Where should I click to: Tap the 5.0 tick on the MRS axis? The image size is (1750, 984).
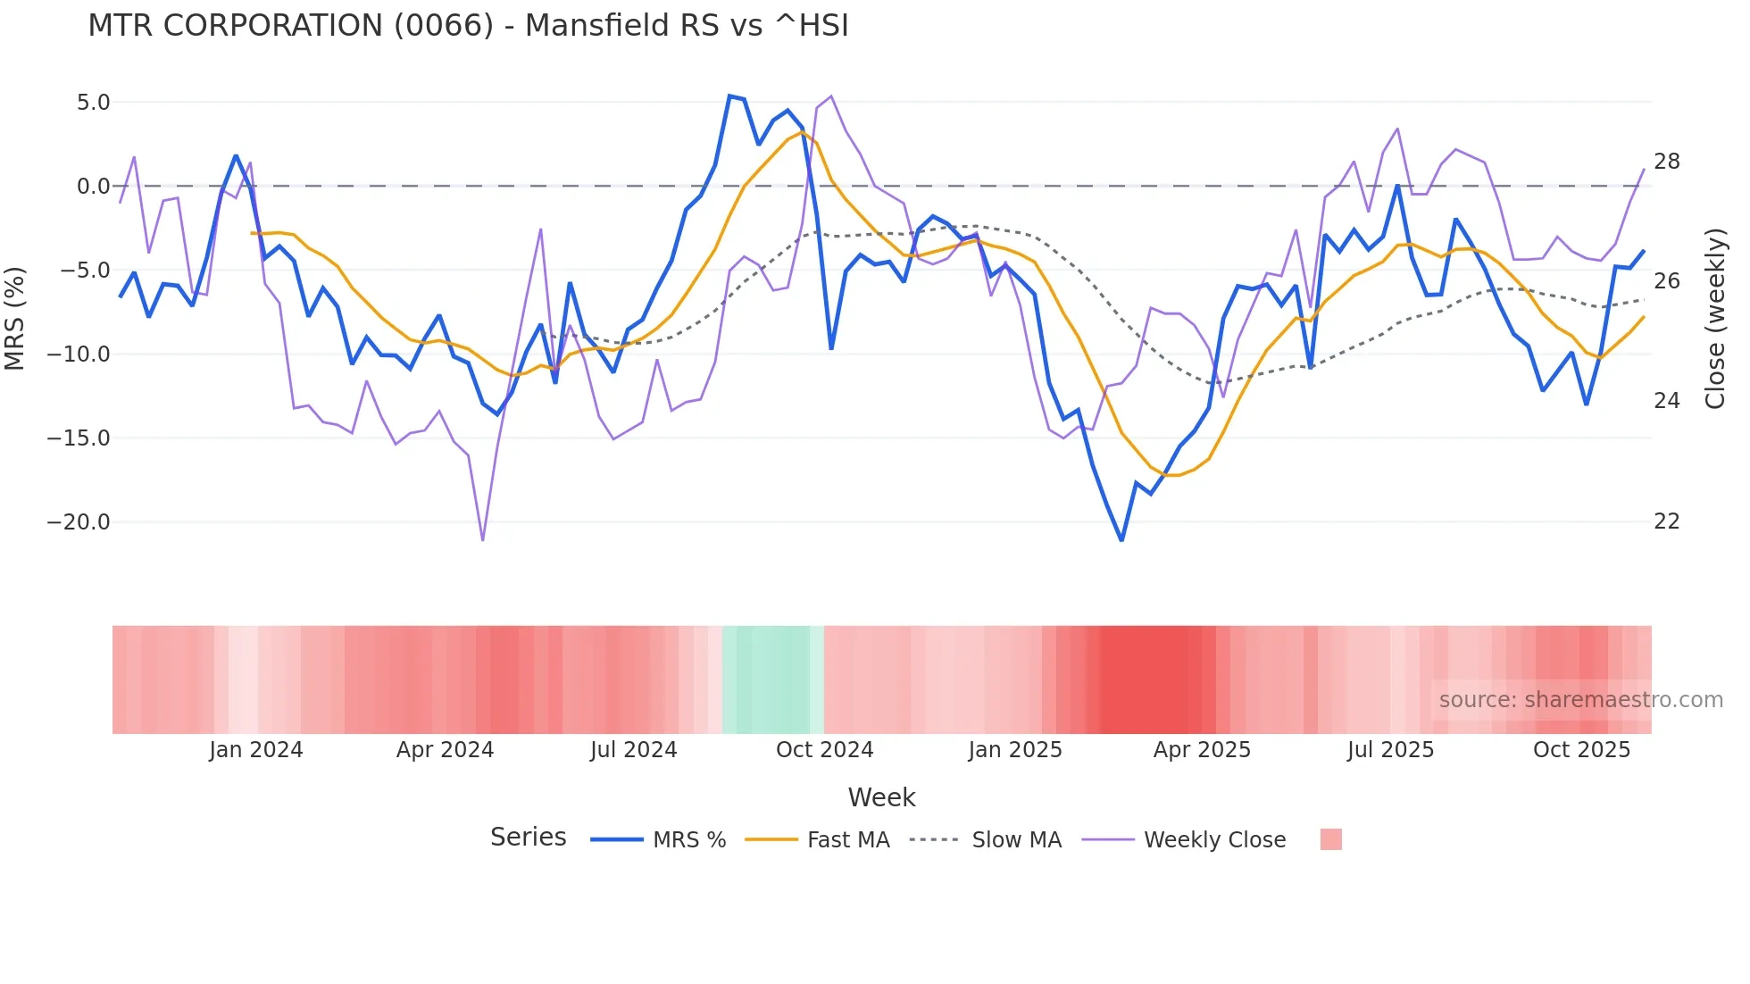pyautogui.click(x=93, y=103)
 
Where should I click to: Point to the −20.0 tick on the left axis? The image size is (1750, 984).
pyautogui.click(x=79, y=522)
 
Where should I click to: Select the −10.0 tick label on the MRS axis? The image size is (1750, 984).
pyautogui.click(x=79, y=354)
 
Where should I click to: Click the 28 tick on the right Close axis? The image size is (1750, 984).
pyautogui.click(x=1666, y=162)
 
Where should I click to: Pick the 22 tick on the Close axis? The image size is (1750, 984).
pyautogui.click(x=1666, y=521)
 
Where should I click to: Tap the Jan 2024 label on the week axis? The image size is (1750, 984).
pyautogui.click(x=256, y=750)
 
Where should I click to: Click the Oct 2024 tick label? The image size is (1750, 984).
pyautogui.click(x=824, y=750)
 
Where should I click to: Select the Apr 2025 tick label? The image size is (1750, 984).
pyautogui.click(x=1202, y=750)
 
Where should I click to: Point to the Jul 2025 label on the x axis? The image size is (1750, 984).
pyautogui.click(x=1390, y=750)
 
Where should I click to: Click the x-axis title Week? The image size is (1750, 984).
pyautogui.click(x=881, y=797)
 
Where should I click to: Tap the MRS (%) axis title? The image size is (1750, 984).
pyautogui.click(x=15, y=319)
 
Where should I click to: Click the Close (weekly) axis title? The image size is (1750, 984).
pyautogui.click(x=1714, y=319)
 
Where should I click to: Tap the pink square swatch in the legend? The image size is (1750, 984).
pyautogui.click(x=1330, y=840)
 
